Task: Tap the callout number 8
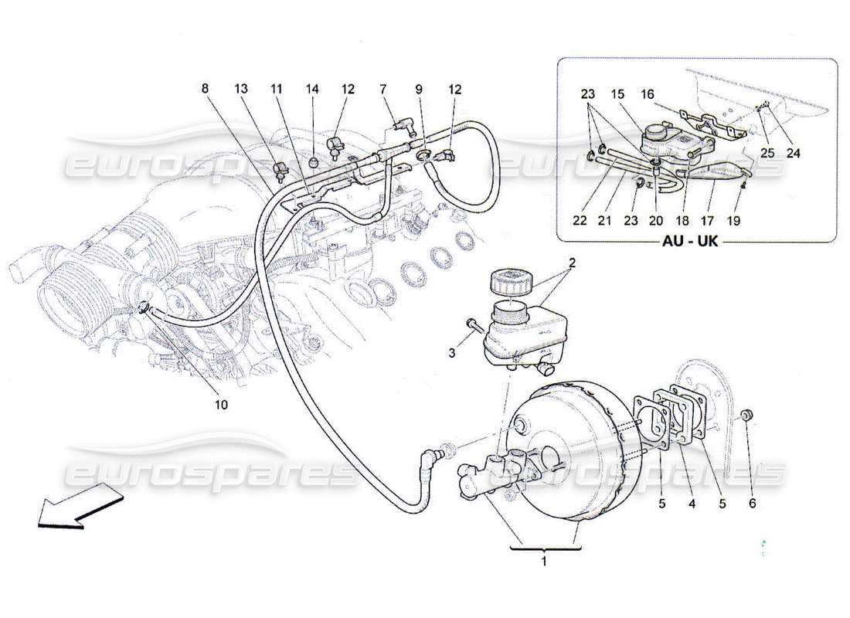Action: [x=205, y=90]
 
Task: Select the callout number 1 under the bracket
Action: [x=543, y=562]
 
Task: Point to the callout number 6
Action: [x=752, y=504]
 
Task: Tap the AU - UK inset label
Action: [x=689, y=241]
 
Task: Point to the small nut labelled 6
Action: [x=746, y=416]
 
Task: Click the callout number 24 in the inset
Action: [x=794, y=154]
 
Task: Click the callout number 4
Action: [x=692, y=504]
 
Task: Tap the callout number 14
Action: [x=312, y=90]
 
